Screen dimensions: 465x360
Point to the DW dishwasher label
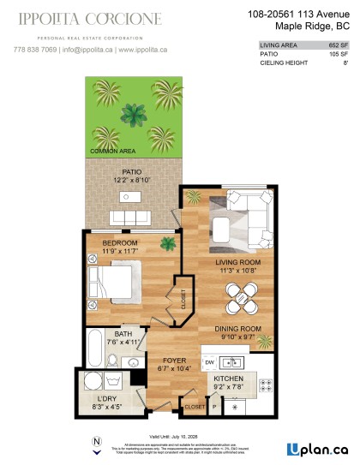point(210,362)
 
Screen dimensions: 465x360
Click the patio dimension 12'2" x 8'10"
point(131,181)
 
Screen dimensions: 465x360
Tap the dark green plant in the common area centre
point(133,113)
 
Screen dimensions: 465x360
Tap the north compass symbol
point(96,442)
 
